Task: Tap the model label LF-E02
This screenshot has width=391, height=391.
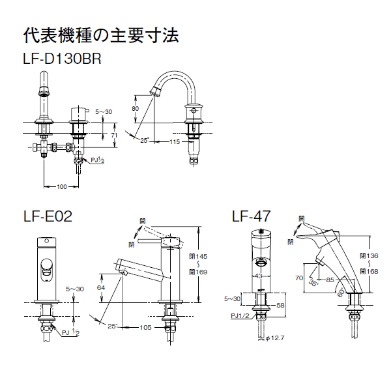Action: [x=47, y=216]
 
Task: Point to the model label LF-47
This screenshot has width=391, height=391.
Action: [x=253, y=216]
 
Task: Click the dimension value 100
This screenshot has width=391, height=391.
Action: [x=62, y=187]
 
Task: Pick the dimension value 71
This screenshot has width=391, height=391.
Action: [x=113, y=135]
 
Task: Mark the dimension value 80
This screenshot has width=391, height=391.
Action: [x=136, y=108]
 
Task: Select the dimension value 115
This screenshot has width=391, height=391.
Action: [x=175, y=141]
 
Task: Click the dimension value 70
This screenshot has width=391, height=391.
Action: [x=298, y=277]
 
